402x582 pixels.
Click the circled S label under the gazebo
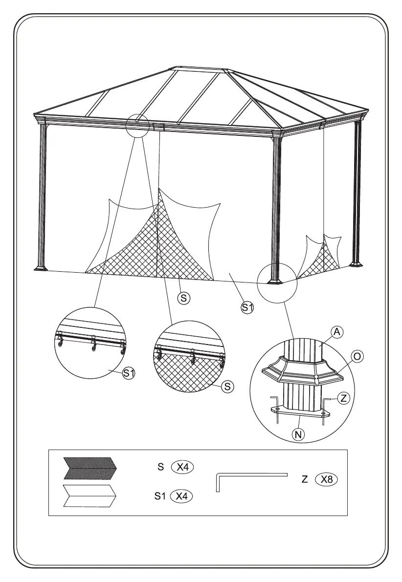click(x=183, y=297)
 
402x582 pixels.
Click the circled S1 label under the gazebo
click(x=247, y=307)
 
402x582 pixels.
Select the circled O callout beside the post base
click(x=357, y=356)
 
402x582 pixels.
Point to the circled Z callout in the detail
click(x=343, y=398)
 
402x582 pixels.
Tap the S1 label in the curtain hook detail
click(x=128, y=373)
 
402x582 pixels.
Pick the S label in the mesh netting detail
click(x=227, y=387)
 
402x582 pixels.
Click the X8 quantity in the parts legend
click(x=326, y=479)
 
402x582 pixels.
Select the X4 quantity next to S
click(x=182, y=467)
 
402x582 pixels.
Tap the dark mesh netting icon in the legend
click(x=89, y=468)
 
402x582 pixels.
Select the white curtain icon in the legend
click(x=89, y=496)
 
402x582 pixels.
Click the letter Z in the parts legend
click(x=305, y=480)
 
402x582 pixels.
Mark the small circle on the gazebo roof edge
click(x=137, y=126)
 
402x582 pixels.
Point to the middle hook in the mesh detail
click(x=193, y=357)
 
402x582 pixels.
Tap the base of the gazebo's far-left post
click(x=41, y=267)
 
